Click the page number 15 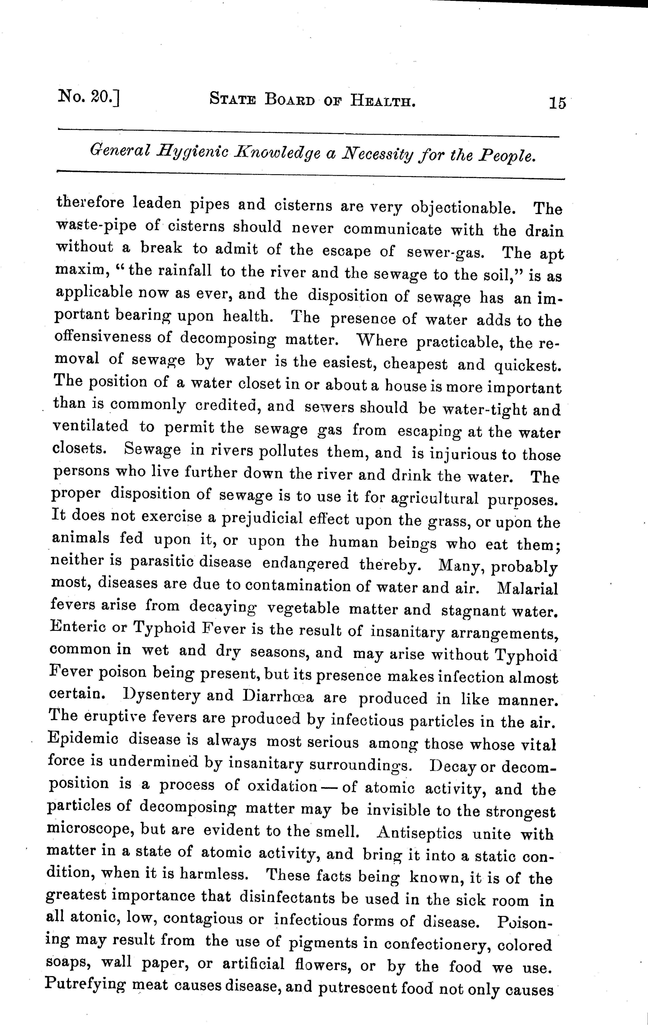(557, 103)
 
